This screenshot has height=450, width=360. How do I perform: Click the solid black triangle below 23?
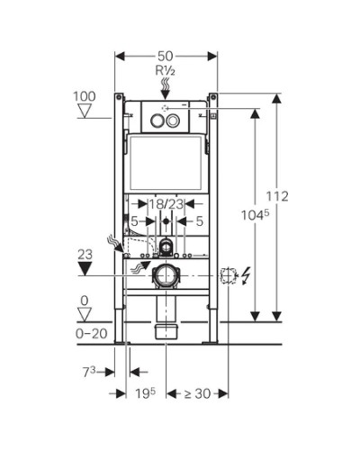[x=85, y=269]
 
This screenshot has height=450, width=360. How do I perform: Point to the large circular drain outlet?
[x=165, y=274]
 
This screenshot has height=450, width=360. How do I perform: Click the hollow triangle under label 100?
[x=85, y=112]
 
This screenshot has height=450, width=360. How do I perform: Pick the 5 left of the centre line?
[x=134, y=219]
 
